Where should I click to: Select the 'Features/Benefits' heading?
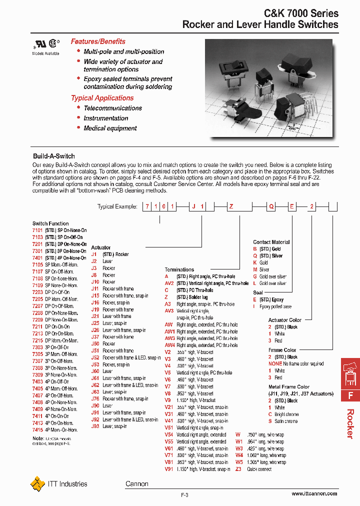[x=98, y=41]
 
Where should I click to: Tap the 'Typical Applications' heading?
[x=102, y=98]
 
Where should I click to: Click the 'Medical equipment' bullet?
[x=110, y=128]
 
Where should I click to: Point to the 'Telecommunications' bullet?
[x=112, y=108]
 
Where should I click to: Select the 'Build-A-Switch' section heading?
[x=53, y=156]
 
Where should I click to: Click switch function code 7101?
[x=37, y=230]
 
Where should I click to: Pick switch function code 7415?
[x=37, y=429]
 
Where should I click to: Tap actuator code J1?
[x=94, y=254]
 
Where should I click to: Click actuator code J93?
[x=95, y=426]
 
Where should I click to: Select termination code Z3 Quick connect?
[x=238, y=469]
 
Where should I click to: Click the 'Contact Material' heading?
[x=271, y=242]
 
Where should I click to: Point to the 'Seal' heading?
[x=257, y=292]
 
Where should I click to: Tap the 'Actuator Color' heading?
[x=285, y=320]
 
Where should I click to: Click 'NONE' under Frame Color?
[x=275, y=364]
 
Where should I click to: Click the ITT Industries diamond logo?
[x=37, y=484]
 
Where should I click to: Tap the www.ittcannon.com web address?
[x=314, y=493]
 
